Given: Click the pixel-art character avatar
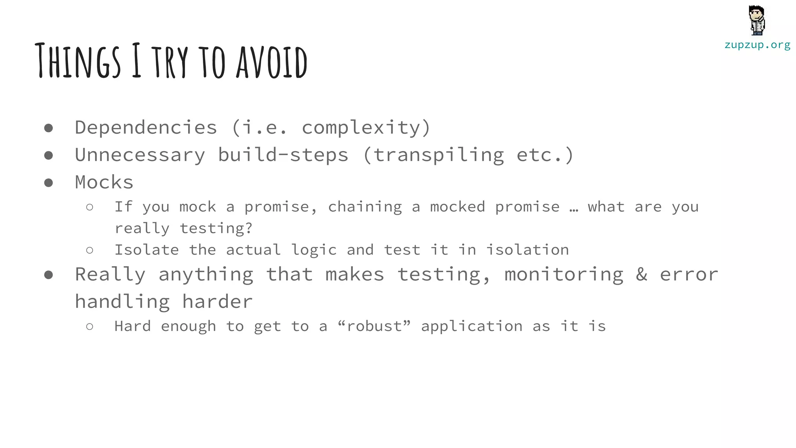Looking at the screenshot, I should pyautogui.click(x=757, y=20).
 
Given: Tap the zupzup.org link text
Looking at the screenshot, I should pyautogui.click(x=757, y=45).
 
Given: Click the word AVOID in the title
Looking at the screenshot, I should pyautogui.click(x=272, y=62).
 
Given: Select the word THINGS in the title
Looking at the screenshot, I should pyautogui.click(x=78, y=61).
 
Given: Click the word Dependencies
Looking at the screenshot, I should pyautogui.click(x=146, y=128).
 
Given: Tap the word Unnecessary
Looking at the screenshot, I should pyautogui.click(x=140, y=155).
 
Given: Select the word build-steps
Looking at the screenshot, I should pyautogui.click(x=283, y=155).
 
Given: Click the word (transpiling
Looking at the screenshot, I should pyautogui.click(x=433, y=155).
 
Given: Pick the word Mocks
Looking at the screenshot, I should pyautogui.click(x=104, y=182).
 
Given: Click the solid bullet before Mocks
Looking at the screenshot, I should pyautogui.click(x=49, y=183).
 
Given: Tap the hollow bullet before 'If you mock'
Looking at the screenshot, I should pyautogui.click(x=90, y=207).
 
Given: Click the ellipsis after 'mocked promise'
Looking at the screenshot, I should pyautogui.click(x=574, y=208).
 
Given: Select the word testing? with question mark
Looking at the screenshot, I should pyautogui.click(x=216, y=228).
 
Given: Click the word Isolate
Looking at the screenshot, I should pyautogui.click(x=147, y=250).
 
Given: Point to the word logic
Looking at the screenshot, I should pyautogui.click(x=314, y=250).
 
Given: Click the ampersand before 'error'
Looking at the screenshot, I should pyautogui.click(x=642, y=274).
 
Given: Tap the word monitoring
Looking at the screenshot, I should pyautogui.click(x=564, y=275).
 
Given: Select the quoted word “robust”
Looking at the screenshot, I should pyautogui.click(x=374, y=326).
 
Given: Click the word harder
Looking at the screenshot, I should pyautogui.click(x=217, y=302).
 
